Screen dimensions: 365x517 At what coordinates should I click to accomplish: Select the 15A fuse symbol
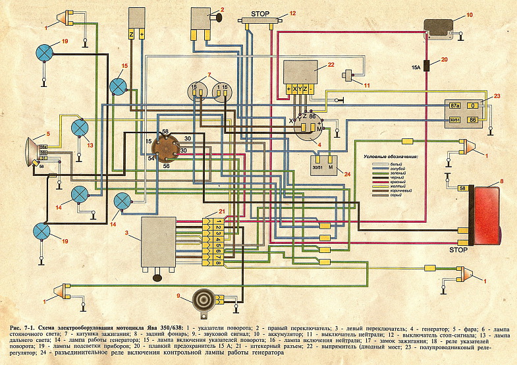click(x=427, y=65)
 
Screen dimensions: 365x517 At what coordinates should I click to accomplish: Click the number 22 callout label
click(x=331, y=64)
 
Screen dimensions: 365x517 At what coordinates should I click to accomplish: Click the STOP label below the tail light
click(x=458, y=250)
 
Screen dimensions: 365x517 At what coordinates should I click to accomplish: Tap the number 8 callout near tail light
click(x=502, y=180)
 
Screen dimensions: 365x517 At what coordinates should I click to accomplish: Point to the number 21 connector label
click(x=222, y=211)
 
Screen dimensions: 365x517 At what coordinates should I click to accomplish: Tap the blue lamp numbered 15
click(x=118, y=86)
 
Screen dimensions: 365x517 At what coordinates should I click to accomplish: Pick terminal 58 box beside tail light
click(x=462, y=188)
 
